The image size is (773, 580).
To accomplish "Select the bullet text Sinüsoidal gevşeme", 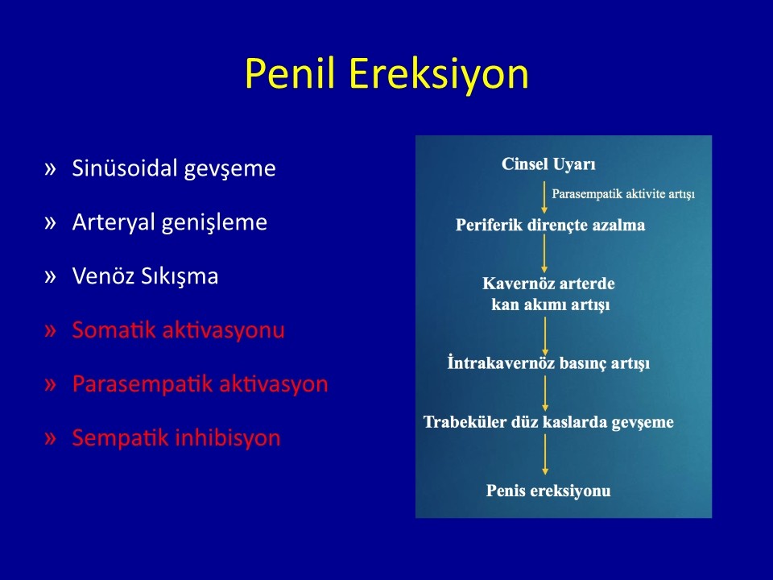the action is [174, 169].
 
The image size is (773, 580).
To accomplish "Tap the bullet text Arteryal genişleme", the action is [170, 223].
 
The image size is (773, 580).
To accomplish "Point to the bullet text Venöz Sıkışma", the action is [145, 275].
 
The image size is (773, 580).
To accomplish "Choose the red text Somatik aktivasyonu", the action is [179, 330].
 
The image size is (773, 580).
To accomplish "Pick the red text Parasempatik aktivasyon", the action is [200, 384].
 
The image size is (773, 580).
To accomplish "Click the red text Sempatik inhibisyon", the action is [176, 438].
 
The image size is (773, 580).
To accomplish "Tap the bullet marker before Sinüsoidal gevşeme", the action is [50, 169].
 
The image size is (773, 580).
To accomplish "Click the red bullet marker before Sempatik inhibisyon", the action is [50, 438].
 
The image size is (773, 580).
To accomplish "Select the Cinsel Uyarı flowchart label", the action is [548, 164].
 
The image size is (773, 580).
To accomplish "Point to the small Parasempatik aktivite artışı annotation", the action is [623, 194].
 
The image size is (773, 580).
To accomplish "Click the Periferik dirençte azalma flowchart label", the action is [550, 226].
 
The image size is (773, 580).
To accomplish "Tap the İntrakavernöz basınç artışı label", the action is [548, 363].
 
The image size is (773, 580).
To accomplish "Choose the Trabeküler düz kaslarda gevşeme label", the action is [548, 422].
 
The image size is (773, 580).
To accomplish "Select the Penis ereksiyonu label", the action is [548, 491].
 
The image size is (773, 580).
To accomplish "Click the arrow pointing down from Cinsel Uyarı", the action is [544, 197].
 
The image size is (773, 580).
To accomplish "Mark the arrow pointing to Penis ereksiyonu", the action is [545, 454].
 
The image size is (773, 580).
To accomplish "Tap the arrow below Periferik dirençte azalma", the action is [544, 254].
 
